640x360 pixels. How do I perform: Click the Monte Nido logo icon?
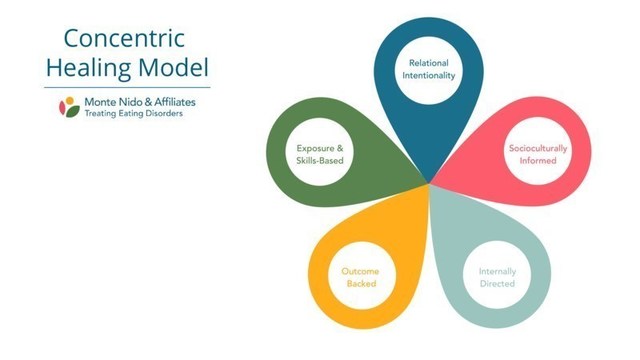tap(67, 106)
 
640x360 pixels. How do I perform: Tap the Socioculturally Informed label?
tap(532, 155)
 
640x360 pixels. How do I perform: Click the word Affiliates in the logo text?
tap(166, 101)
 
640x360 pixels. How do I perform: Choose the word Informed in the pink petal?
tap(532, 162)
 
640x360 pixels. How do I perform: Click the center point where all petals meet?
tap(431, 184)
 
